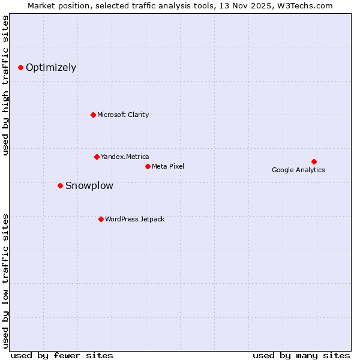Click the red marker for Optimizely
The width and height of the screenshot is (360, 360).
tap(21, 68)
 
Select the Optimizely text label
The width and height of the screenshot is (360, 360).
tap(51, 68)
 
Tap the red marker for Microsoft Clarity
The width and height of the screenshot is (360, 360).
tap(93, 115)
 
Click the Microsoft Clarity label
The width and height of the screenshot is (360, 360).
tap(123, 115)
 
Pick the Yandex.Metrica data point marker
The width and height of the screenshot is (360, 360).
tap(97, 157)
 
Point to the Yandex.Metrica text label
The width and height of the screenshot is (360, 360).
tap(125, 157)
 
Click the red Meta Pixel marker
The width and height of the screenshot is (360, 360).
tap(148, 166)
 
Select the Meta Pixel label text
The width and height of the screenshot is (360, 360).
tap(168, 166)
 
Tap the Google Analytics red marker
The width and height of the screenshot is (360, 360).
tap(314, 161)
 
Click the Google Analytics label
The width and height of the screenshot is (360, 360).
tap(298, 170)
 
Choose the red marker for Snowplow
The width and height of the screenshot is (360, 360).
tap(60, 185)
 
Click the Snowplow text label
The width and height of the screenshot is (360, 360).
tap(89, 185)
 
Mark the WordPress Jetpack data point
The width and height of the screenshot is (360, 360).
tap(101, 219)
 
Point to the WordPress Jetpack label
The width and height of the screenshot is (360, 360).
tap(134, 219)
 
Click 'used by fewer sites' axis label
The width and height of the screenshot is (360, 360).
tap(62, 355)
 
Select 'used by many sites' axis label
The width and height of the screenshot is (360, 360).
tap(301, 355)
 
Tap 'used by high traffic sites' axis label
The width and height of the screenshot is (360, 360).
tap(6, 85)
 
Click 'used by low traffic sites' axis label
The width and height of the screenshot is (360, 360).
tap(6, 280)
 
